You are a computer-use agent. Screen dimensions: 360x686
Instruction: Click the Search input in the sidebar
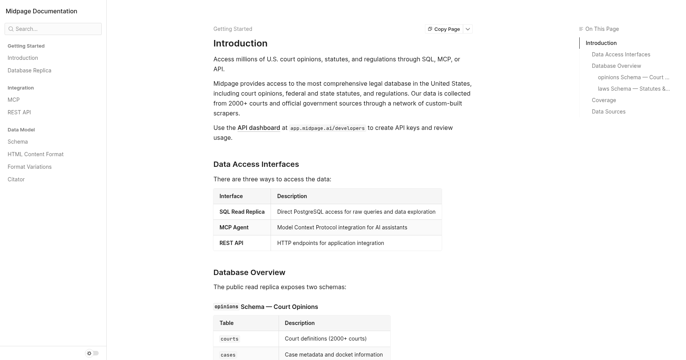[x=53, y=29]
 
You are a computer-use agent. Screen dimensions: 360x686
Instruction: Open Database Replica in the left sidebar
[x=29, y=70]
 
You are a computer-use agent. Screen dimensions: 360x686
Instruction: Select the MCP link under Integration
[x=14, y=100]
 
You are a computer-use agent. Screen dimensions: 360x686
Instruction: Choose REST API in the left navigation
[x=19, y=112]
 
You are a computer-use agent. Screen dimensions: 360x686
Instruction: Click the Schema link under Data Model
[x=18, y=142]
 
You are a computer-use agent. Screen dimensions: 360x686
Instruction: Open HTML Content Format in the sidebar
[x=35, y=154]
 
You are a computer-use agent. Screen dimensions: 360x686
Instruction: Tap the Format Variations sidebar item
[x=29, y=167]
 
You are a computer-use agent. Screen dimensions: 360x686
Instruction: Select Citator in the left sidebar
[x=16, y=179]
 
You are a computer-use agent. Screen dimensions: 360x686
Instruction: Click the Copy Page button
[x=444, y=29]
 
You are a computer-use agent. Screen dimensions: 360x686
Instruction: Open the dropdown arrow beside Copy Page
[x=468, y=29]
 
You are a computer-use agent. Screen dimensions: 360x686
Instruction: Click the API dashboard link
[x=258, y=128]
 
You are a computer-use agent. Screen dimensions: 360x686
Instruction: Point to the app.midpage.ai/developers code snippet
[x=327, y=128]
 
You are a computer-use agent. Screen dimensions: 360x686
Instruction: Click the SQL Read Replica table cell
[x=242, y=212]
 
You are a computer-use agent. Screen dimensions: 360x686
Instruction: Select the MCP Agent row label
[x=234, y=227]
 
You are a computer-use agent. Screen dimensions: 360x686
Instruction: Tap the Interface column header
[x=231, y=196]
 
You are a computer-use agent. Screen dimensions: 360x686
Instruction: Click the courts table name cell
[x=229, y=339]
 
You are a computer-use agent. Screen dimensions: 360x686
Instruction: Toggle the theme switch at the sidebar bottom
[x=92, y=353]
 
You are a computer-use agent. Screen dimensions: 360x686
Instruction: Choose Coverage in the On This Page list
[x=604, y=100]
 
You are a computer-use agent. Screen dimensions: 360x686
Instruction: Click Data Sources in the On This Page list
[x=608, y=112]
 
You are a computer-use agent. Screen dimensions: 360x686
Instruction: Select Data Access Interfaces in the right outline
[x=621, y=54]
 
